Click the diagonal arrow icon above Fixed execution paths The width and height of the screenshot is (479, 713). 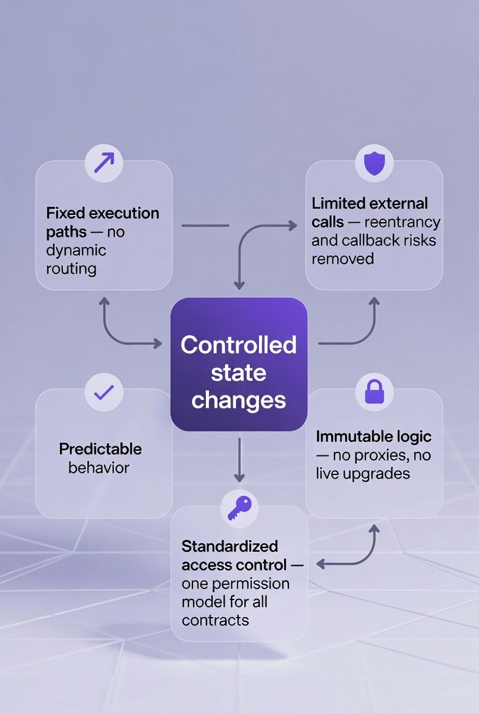click(x=104, y=163)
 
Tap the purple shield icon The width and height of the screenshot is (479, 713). click(x=374, y=163)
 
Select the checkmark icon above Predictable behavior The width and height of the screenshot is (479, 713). click(x=104, y=392)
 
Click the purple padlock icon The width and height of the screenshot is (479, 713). click(x=374, y=392)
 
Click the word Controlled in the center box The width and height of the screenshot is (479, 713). click(x=238, y=345)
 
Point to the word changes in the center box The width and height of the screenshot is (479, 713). click(x=238, y=400)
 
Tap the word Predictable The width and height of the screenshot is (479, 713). click(x=100, y=449)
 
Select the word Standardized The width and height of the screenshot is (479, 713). click(x=230, y=546)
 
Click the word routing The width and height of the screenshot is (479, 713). click(x=71, y=268)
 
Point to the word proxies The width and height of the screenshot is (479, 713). click(x=379, y=455)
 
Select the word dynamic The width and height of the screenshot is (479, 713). click(x=76, y=250)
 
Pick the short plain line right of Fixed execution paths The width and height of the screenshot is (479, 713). click(x=205, y=226)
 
